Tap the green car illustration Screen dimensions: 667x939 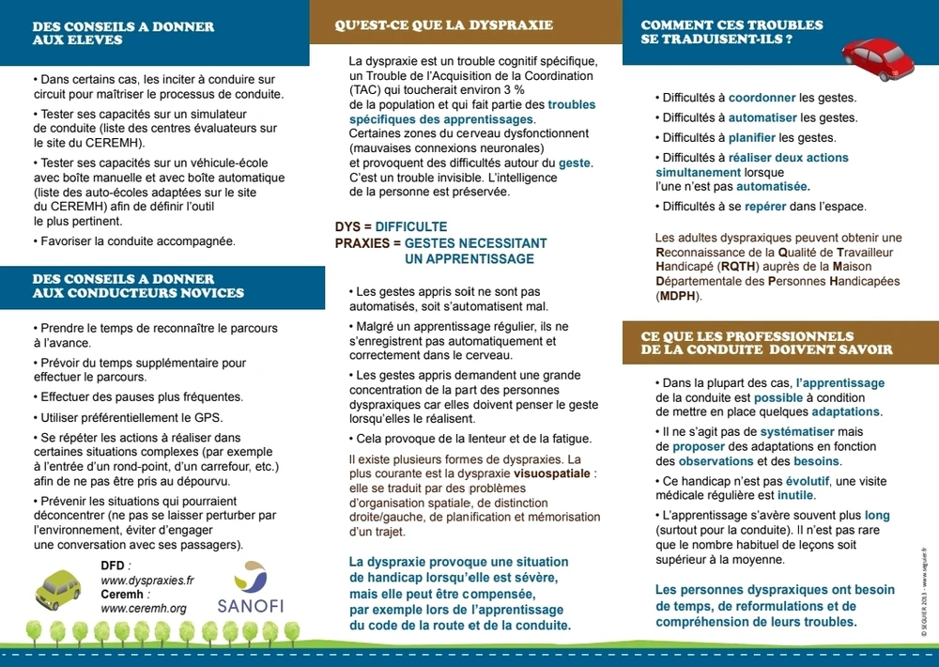58,589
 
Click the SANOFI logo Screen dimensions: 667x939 251,588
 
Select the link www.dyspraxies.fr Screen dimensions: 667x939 147,581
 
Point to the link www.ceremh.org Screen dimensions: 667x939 144,608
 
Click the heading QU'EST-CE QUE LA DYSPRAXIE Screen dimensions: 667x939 444,25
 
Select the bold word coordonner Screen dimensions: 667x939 762,98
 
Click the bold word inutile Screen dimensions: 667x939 793,495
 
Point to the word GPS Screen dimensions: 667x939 209,417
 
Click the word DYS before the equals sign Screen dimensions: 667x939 346,227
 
